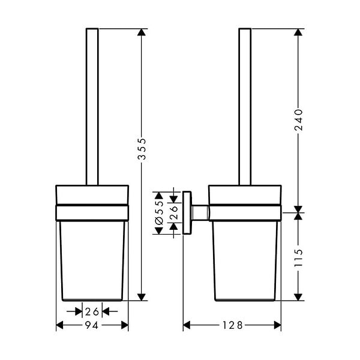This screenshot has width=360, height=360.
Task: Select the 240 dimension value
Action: tap(299, 120)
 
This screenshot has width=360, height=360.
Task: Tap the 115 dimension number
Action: tap(299, 257)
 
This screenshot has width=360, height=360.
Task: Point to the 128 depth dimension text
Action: tap(232, 325)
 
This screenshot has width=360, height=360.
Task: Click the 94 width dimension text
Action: tap(92, 325)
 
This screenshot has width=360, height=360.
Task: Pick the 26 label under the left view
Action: tap(92, 311)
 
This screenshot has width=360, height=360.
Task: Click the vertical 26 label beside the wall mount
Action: tap(174, 212)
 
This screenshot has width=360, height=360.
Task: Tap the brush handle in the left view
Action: tap(92, 107)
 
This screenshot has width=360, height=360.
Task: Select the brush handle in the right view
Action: tap(245, 107)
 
